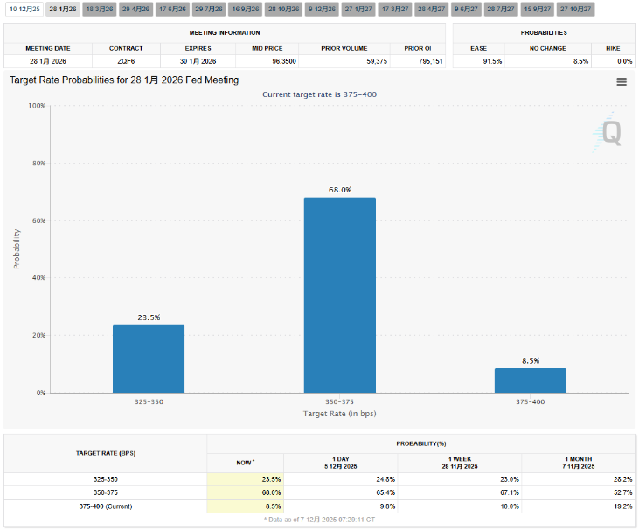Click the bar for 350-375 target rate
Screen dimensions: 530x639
coord(339,295)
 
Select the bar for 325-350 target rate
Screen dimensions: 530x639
coord(149,359)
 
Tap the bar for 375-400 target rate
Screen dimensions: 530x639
coord(530,380)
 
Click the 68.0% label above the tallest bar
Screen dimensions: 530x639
coord(340,190)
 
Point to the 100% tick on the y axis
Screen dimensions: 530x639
coord(37,106)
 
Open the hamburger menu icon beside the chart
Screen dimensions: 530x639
coord(622,81)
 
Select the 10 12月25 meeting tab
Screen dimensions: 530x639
coord(24,8)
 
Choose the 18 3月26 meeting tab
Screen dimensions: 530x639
coord(100,8)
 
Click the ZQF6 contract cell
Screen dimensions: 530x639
coord(126,62)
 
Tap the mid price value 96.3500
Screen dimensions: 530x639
coord(262,62)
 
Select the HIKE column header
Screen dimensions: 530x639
coord(612,48)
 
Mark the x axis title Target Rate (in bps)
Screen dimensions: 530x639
coord(339,413)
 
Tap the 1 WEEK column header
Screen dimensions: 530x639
coord(461,459)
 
